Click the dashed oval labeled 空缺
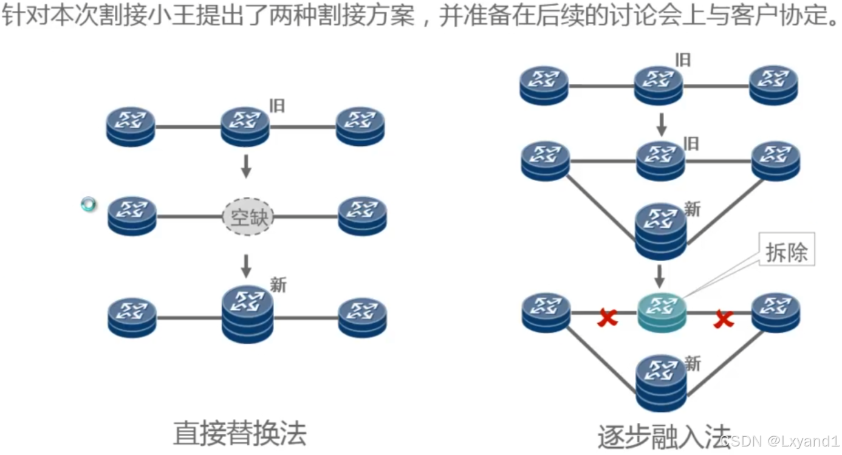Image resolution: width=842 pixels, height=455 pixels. (x=248, y=217)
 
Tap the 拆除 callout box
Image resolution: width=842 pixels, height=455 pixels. (x=787, y=252)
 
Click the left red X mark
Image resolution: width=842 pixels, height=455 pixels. (x=607, y=317)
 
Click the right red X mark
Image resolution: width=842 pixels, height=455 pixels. (x=723, y=318)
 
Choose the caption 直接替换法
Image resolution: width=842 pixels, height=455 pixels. (x=239, y=433)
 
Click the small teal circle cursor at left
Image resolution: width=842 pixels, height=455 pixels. (x=89, y=205)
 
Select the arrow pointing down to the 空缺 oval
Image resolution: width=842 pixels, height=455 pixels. (x=246, y=166)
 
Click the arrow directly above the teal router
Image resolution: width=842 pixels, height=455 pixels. (x=662, y=276)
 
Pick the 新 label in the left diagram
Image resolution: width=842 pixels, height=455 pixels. (x=278, y=285)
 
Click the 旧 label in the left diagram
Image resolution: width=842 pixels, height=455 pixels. (x=277, y=106)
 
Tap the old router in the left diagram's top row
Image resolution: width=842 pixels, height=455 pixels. (x=245, y=126)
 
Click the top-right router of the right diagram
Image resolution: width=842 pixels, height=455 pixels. (x=773, y=85)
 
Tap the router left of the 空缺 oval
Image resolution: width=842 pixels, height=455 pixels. (x=132, y=216)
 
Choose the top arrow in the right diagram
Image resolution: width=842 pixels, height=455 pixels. (x=662, y=125)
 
